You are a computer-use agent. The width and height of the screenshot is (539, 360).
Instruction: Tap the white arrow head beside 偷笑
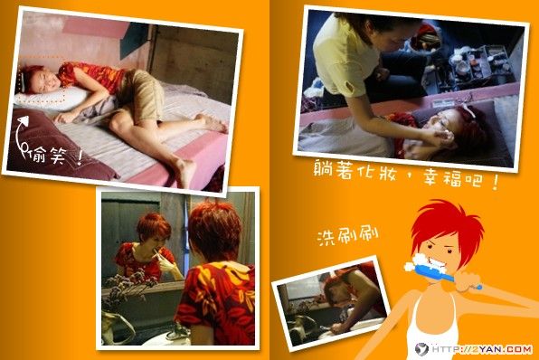click(x=23, y=120)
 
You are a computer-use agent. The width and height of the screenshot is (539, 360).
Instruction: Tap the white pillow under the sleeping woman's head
click(x=52, y=99)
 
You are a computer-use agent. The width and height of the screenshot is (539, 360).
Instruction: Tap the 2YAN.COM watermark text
click(x=502, y=349)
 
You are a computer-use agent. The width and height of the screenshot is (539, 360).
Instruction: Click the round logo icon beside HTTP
click(x=421, y=349)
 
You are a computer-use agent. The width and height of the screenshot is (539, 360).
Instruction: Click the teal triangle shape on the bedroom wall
click(x=134, y=40)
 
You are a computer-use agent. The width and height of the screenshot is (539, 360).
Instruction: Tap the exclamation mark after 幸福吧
click(x=496, y=183)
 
